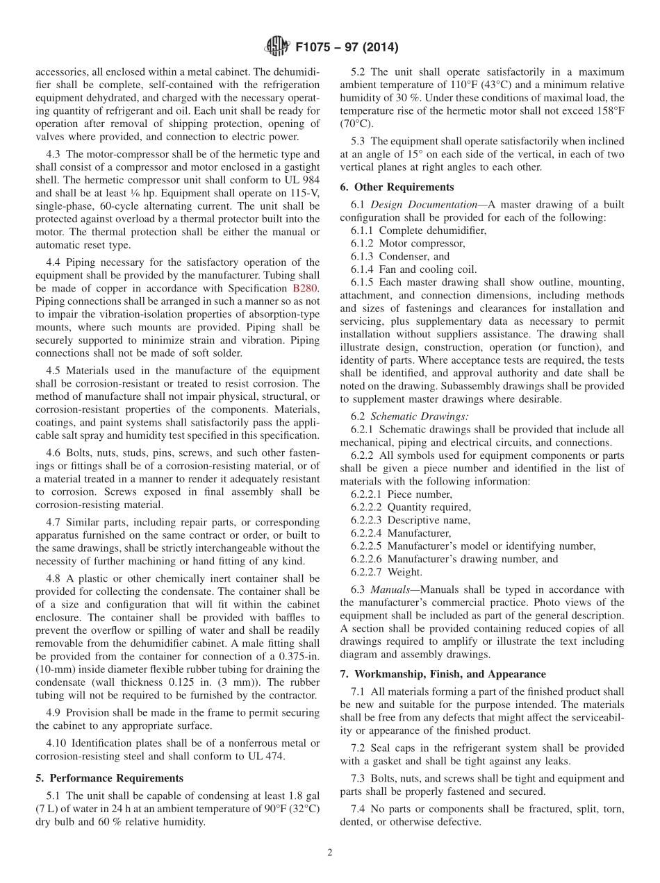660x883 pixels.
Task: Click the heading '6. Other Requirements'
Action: click(397, 187)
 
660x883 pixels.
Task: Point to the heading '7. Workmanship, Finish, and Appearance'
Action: click(443, 674)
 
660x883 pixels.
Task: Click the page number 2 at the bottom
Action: click(330, 852)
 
